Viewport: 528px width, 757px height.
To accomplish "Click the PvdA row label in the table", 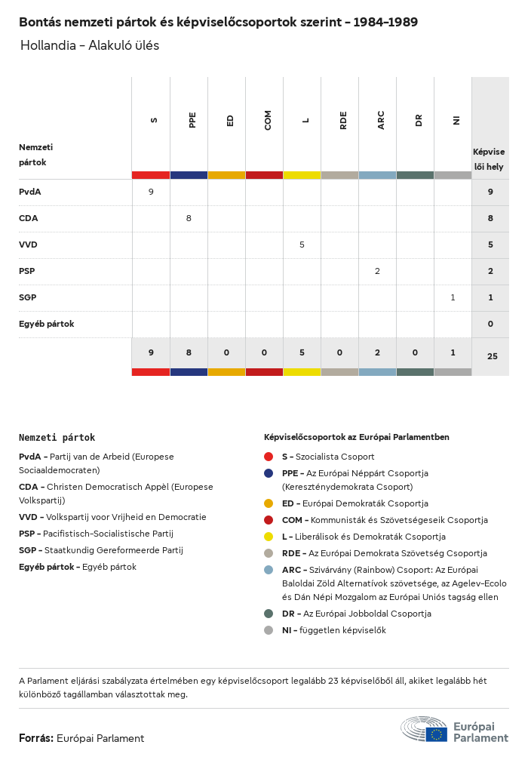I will coord(30,192).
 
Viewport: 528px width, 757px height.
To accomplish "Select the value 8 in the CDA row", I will coord(189,218).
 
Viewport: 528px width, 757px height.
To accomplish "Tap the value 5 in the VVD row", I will coord(302,245).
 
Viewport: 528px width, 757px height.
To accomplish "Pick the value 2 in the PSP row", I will coord(377,271).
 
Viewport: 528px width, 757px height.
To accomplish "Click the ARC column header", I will coord(381,120).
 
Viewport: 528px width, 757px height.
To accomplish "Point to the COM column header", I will coord(268,120).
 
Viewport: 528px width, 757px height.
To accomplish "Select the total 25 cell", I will coord(492,356).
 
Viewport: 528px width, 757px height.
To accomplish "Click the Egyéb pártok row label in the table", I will coord(46,324).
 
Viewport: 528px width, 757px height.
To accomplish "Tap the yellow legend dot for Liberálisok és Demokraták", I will coord(269,537).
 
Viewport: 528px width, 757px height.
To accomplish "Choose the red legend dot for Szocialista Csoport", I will coord(269,457).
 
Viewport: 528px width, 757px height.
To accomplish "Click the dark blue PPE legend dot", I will coord(269,473).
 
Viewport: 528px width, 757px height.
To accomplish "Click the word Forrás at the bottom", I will coord(35,738).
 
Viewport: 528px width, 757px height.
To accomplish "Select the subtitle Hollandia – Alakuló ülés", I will coord(90,45).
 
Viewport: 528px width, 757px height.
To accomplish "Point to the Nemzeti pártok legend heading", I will coord(57,437).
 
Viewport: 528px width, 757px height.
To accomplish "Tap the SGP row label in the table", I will coord(28,297).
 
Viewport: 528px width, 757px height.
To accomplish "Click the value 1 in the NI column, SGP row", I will coord(453,297).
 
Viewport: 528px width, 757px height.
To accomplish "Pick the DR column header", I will coord(419,120).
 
